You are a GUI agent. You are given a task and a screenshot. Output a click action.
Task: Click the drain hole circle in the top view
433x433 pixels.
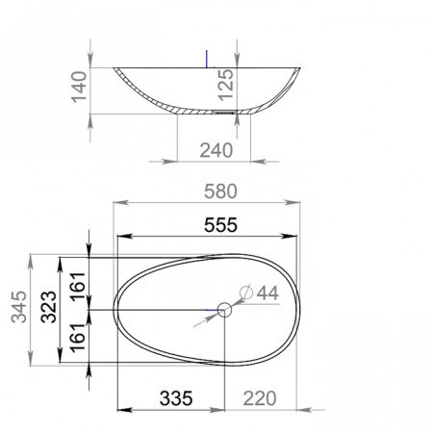pyautogui.click(x=223, y=309)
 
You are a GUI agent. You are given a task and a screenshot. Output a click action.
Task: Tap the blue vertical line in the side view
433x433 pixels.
pyautogui.click(x=208, y=58)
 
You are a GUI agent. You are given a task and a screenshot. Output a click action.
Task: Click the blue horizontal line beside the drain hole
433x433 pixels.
pyautogui.click(x=213, y=309)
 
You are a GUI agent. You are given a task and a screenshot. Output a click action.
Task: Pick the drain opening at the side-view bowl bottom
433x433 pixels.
pyautogui.click(x=224, y=112)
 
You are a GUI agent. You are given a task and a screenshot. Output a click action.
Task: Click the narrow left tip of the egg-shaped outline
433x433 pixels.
pyautogui.click(x=115, y=310)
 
